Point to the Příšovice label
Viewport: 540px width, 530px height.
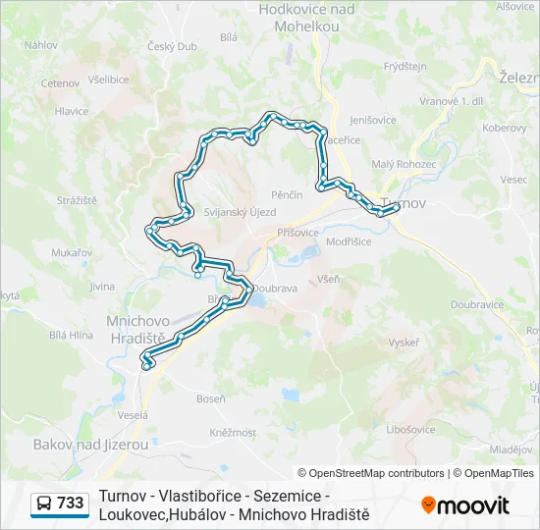click(297, 233)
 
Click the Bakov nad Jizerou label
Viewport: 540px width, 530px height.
click(91, 445)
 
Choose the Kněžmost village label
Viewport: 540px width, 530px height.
click(233, 432)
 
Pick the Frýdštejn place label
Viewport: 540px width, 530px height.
click(405, 67)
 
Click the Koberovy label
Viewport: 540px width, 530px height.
click(504, 128)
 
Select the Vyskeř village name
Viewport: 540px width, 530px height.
click(404, 343)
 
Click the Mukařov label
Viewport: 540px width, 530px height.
click(72, 252)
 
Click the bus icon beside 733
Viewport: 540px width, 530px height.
click(44, 503)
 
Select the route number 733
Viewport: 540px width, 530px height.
click(71, 503)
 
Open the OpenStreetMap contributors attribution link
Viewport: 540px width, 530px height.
click(371, 473)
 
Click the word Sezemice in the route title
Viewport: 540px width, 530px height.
click(294, 497)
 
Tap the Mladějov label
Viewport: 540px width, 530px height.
click(512, 449)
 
